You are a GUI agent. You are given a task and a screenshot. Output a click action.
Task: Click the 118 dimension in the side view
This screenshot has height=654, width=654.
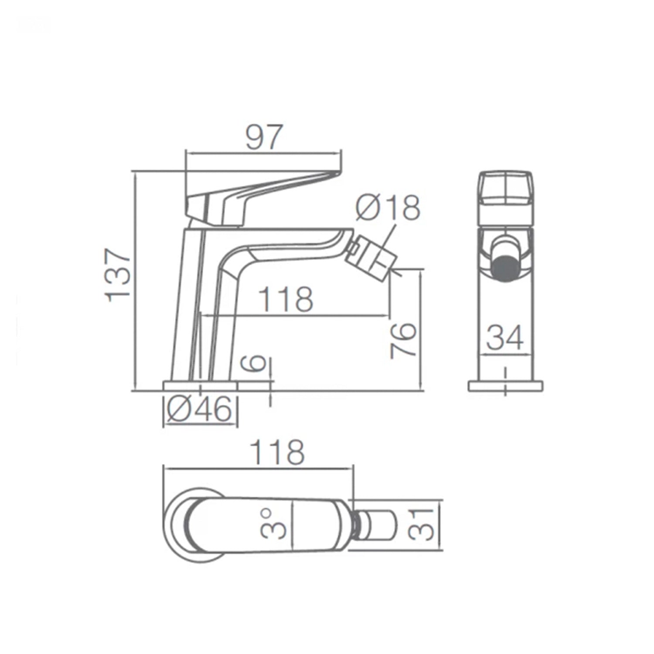(x=286, y=300)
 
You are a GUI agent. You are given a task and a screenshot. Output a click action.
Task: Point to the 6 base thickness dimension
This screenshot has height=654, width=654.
(x=257, y=362)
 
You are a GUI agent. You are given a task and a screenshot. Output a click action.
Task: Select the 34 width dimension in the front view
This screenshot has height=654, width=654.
(x=505, y=338)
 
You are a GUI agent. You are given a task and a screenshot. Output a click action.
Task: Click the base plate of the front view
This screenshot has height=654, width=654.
(x=506, y=386)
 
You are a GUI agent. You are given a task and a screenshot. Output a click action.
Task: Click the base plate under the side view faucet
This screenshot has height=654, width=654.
(x=200, y=386)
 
